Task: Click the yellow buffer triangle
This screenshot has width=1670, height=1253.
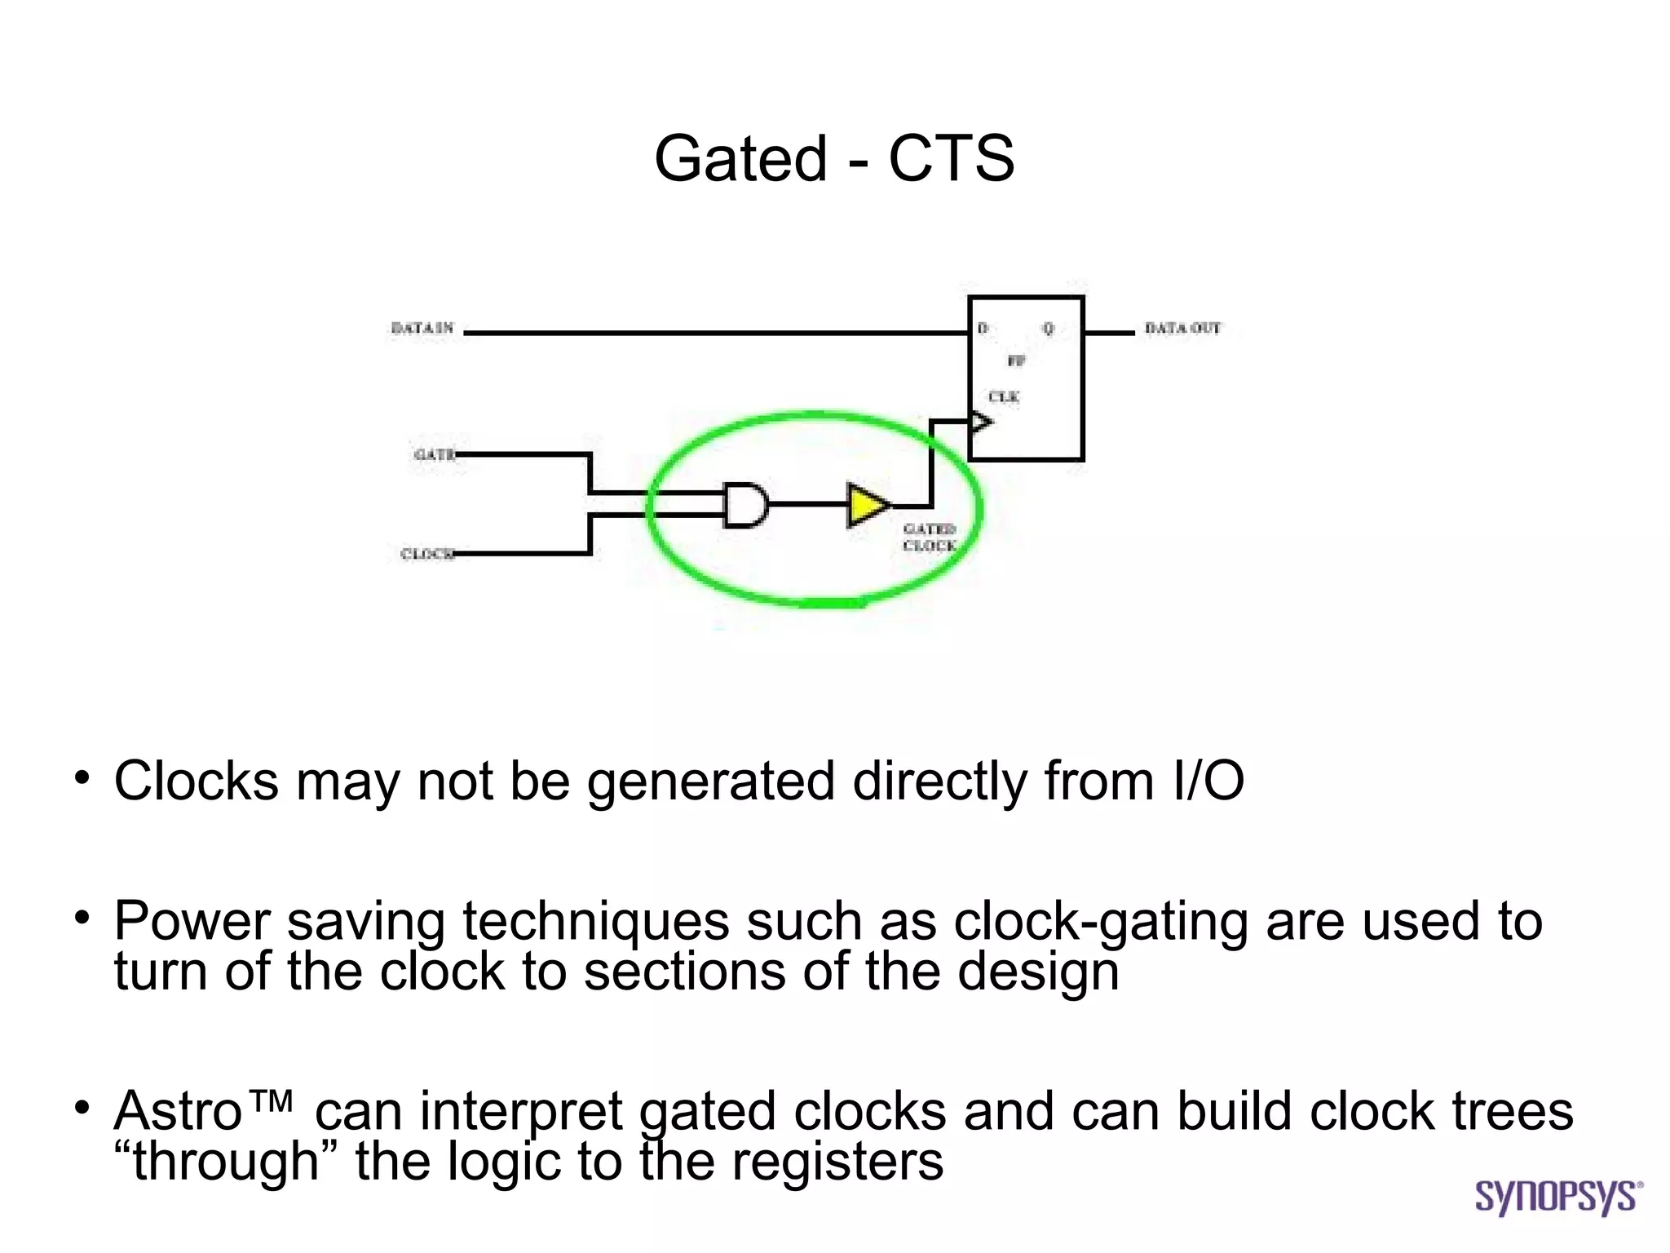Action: (867, 505)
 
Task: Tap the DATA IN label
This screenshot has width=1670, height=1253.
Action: (422, 328)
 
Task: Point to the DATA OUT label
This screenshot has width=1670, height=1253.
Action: (1182, 328)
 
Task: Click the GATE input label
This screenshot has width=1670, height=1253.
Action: (434, 454)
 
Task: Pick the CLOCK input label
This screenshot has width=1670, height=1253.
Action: (426, 554)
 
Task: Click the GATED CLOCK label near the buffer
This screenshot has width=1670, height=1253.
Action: (929, 538)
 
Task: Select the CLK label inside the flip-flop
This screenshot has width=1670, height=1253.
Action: (1004, 396)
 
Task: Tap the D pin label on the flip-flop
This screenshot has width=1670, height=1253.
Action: (983, 328)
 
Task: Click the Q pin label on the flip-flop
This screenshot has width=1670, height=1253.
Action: (1049, 328)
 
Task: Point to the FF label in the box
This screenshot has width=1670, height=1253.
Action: (1016, 361)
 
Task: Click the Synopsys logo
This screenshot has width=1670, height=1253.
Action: (1558, 1197)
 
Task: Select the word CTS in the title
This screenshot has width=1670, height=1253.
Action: (951, 157)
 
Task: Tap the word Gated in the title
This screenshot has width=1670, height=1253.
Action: (740, 157)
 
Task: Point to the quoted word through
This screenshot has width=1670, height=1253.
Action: (226, 1161)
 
